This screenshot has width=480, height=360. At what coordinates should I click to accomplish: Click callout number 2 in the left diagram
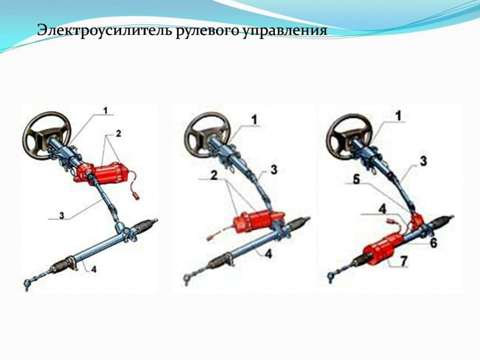118,134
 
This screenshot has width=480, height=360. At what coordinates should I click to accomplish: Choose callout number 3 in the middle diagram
274,169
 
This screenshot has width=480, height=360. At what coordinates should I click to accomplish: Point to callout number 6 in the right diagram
434,242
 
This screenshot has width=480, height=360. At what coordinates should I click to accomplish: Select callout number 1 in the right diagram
398,116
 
